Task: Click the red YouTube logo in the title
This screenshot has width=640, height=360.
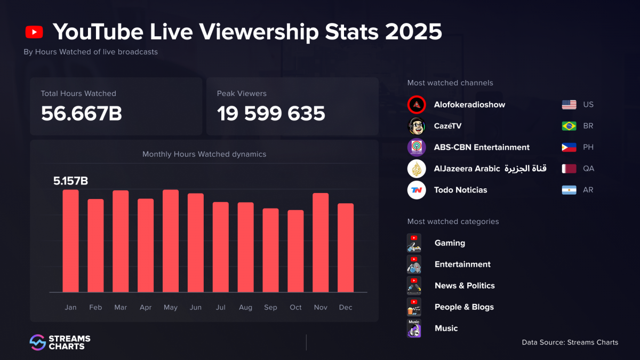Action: (34, 32)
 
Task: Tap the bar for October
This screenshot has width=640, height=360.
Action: (295, 251)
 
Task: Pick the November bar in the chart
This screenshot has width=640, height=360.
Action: (321, 243)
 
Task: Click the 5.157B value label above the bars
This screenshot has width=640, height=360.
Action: (70, 181)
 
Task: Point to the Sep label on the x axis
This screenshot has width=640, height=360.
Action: (270, 307)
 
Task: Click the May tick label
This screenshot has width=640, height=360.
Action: (171, 307)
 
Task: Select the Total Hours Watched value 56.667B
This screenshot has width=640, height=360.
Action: (82, 113)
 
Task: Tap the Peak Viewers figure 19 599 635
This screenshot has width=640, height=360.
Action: (271, 113)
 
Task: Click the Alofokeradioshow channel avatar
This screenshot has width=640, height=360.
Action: (417, 105)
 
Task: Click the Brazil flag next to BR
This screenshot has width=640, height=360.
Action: (569, 126)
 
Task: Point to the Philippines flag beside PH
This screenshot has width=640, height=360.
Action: (569, 147)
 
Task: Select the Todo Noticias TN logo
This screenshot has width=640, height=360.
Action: (417, 190)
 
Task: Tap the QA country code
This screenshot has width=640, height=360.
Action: (588, 169)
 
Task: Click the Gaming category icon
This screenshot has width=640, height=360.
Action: (414, 243)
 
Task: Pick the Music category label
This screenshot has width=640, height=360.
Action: (446, 329)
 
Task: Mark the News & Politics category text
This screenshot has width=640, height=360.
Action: (465, 286)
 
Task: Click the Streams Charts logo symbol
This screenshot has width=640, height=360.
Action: (37, 342)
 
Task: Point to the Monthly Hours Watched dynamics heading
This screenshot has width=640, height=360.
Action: (204, 154)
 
